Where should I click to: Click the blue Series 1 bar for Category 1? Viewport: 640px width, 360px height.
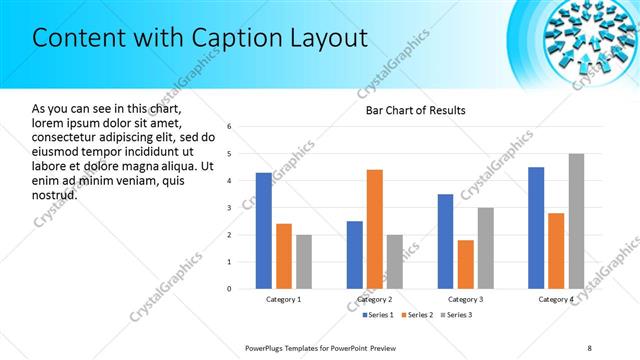[263, 231]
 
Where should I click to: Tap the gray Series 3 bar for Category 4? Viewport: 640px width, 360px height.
[576, 221]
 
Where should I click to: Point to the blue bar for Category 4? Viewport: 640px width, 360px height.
[536, 228]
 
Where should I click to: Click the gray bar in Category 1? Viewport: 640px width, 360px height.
[304, 262]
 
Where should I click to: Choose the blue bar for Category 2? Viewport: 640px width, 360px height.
[355, 255]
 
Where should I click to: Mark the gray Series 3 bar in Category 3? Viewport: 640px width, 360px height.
[485, 248]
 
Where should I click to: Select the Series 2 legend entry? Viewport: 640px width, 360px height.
[416, 315]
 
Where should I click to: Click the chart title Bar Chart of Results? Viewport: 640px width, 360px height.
[415, 110]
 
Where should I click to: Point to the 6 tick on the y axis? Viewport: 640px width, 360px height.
[229, 127]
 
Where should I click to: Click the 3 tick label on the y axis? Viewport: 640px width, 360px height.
[229, 208]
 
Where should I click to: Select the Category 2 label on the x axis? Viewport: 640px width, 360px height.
[375, 299]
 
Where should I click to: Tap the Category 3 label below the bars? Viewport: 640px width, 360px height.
[465, 299]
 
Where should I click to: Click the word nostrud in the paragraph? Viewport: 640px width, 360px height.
[55, 193]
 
